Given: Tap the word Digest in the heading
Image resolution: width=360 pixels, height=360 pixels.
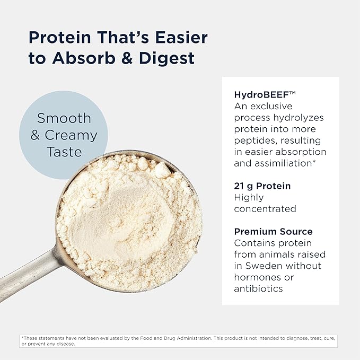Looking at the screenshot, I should [x=166, y=58].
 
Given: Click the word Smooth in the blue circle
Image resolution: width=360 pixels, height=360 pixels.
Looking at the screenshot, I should [x=64, y=118].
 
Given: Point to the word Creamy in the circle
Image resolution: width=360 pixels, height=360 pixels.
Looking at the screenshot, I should [x=71, y=135].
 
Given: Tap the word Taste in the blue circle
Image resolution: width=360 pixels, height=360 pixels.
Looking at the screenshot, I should [x=64, y=152].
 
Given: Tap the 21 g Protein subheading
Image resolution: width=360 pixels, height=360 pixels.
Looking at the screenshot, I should [x=262, y=186].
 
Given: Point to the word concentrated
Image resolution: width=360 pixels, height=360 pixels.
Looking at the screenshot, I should [x=265, y=209].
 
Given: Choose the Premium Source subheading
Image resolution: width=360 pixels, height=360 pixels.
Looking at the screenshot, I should [x=273, y=232].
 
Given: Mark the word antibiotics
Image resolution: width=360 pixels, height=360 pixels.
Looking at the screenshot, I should [x=258, y=288].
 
